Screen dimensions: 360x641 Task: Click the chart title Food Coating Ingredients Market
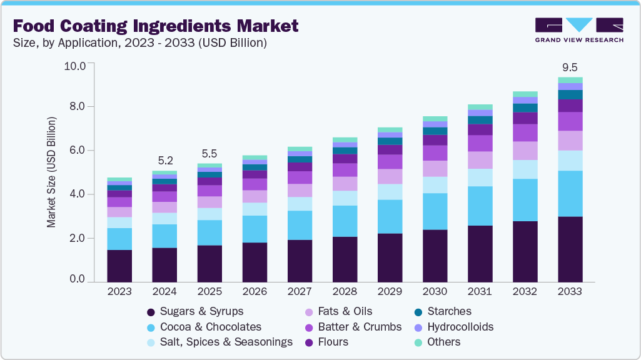156,26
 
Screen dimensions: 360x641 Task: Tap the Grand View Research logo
579,29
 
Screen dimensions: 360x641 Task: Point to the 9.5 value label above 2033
570,67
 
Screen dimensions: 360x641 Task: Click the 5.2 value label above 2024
165,161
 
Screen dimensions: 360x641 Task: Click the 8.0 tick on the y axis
79,107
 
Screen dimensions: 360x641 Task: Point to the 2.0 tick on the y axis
79,238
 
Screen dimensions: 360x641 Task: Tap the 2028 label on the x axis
345,291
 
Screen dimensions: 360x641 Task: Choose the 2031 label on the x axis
480,291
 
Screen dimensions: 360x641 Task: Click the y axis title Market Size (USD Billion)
51,171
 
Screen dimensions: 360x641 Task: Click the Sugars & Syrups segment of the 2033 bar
570,249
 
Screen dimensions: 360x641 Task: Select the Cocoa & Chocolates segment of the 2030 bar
435,211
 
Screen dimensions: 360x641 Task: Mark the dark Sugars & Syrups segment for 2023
119,266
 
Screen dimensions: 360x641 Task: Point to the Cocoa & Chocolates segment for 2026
255,229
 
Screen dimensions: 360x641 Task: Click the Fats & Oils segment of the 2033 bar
570,141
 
